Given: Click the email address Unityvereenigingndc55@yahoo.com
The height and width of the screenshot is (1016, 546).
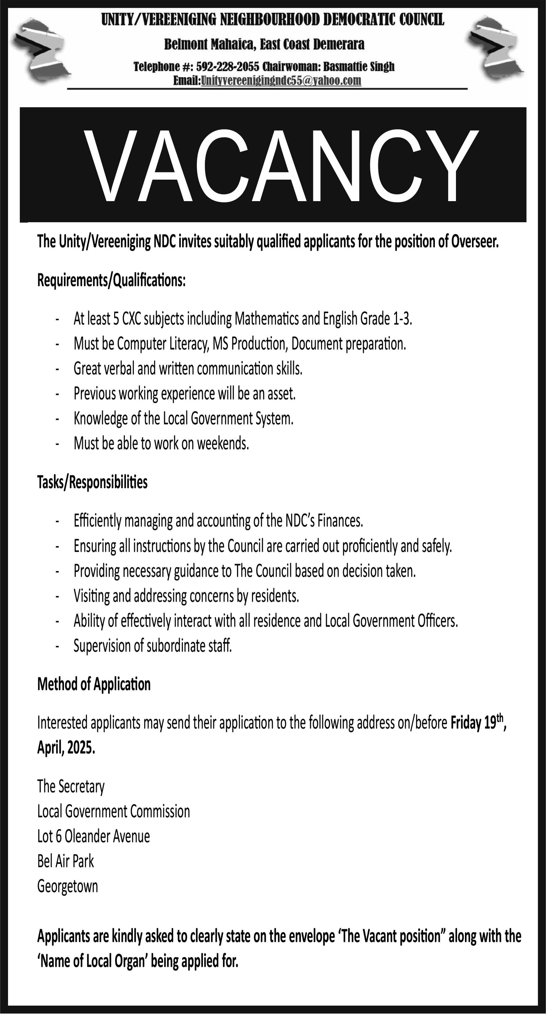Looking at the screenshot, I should (281, 81).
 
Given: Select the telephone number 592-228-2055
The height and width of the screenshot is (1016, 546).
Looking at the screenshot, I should (228, 67).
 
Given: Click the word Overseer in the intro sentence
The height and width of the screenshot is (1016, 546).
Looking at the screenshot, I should (475, 241).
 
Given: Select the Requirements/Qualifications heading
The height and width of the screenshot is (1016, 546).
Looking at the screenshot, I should (111, 281).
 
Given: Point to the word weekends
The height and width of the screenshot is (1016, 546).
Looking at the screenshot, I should (223, 444).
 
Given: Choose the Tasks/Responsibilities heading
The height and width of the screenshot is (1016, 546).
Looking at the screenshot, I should (92, 482).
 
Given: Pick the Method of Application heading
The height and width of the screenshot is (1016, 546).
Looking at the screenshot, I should (94, 684).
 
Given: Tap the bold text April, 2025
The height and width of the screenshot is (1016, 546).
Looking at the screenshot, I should (66, 748).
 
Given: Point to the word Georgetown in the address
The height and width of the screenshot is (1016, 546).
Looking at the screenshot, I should (67, 886).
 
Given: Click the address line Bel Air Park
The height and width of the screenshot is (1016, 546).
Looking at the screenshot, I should (65, 861).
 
